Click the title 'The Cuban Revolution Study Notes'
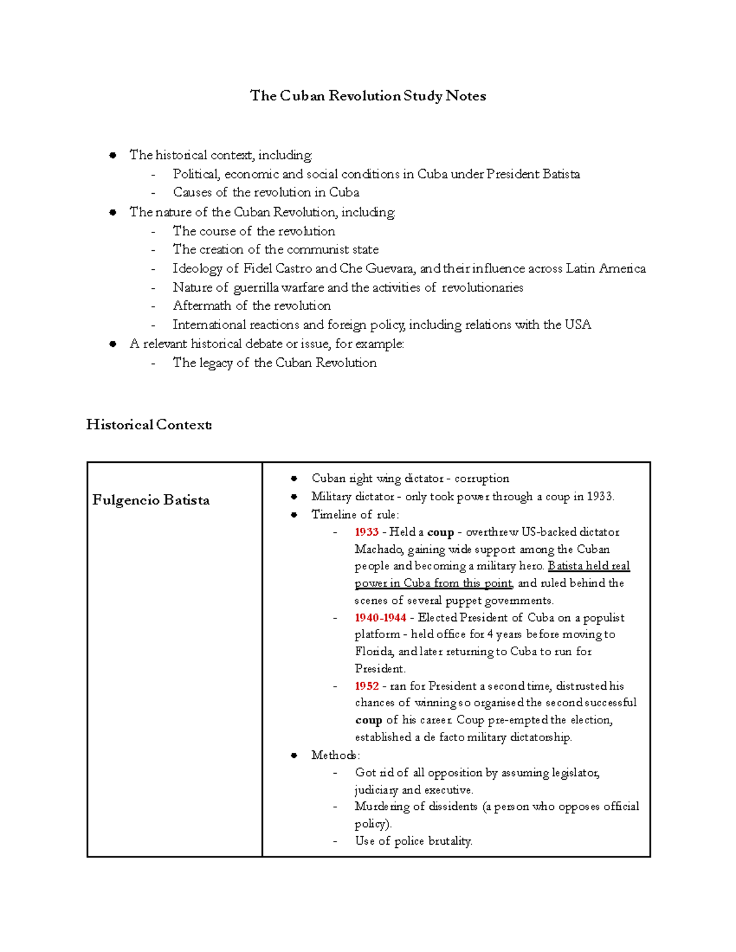point(367,96)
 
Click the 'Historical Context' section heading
point(149,424)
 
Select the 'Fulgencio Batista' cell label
point(151,500)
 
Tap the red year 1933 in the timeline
point(366,532)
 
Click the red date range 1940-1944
point(380,618)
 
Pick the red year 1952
point(366,686)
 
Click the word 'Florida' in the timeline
point(374,652)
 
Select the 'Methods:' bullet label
point(335,755)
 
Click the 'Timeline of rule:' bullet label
point(355,514)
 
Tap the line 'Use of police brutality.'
point(413,841)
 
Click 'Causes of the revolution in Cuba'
point(266,192)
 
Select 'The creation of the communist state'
point(275,249)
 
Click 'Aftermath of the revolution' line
point(251,306)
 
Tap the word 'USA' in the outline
point(578,325)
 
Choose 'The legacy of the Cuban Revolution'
point(274,363)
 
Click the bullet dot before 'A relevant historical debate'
point(113,344)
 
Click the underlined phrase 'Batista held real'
point(588,566)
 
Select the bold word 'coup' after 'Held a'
point(440,532)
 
